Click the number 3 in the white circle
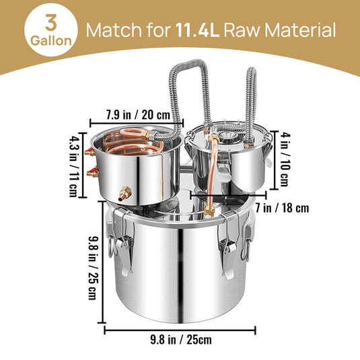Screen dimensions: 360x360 pos(51,22)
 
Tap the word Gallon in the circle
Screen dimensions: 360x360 pos(51,40)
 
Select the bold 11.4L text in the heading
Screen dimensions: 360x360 pos(198,30)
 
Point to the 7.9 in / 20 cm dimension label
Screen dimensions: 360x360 pos(138,114)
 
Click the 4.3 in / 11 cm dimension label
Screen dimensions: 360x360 pos(74,166)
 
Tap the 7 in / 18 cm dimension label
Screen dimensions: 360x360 pos(282,208)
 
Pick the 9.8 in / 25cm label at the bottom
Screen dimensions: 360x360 pos(181,340)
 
